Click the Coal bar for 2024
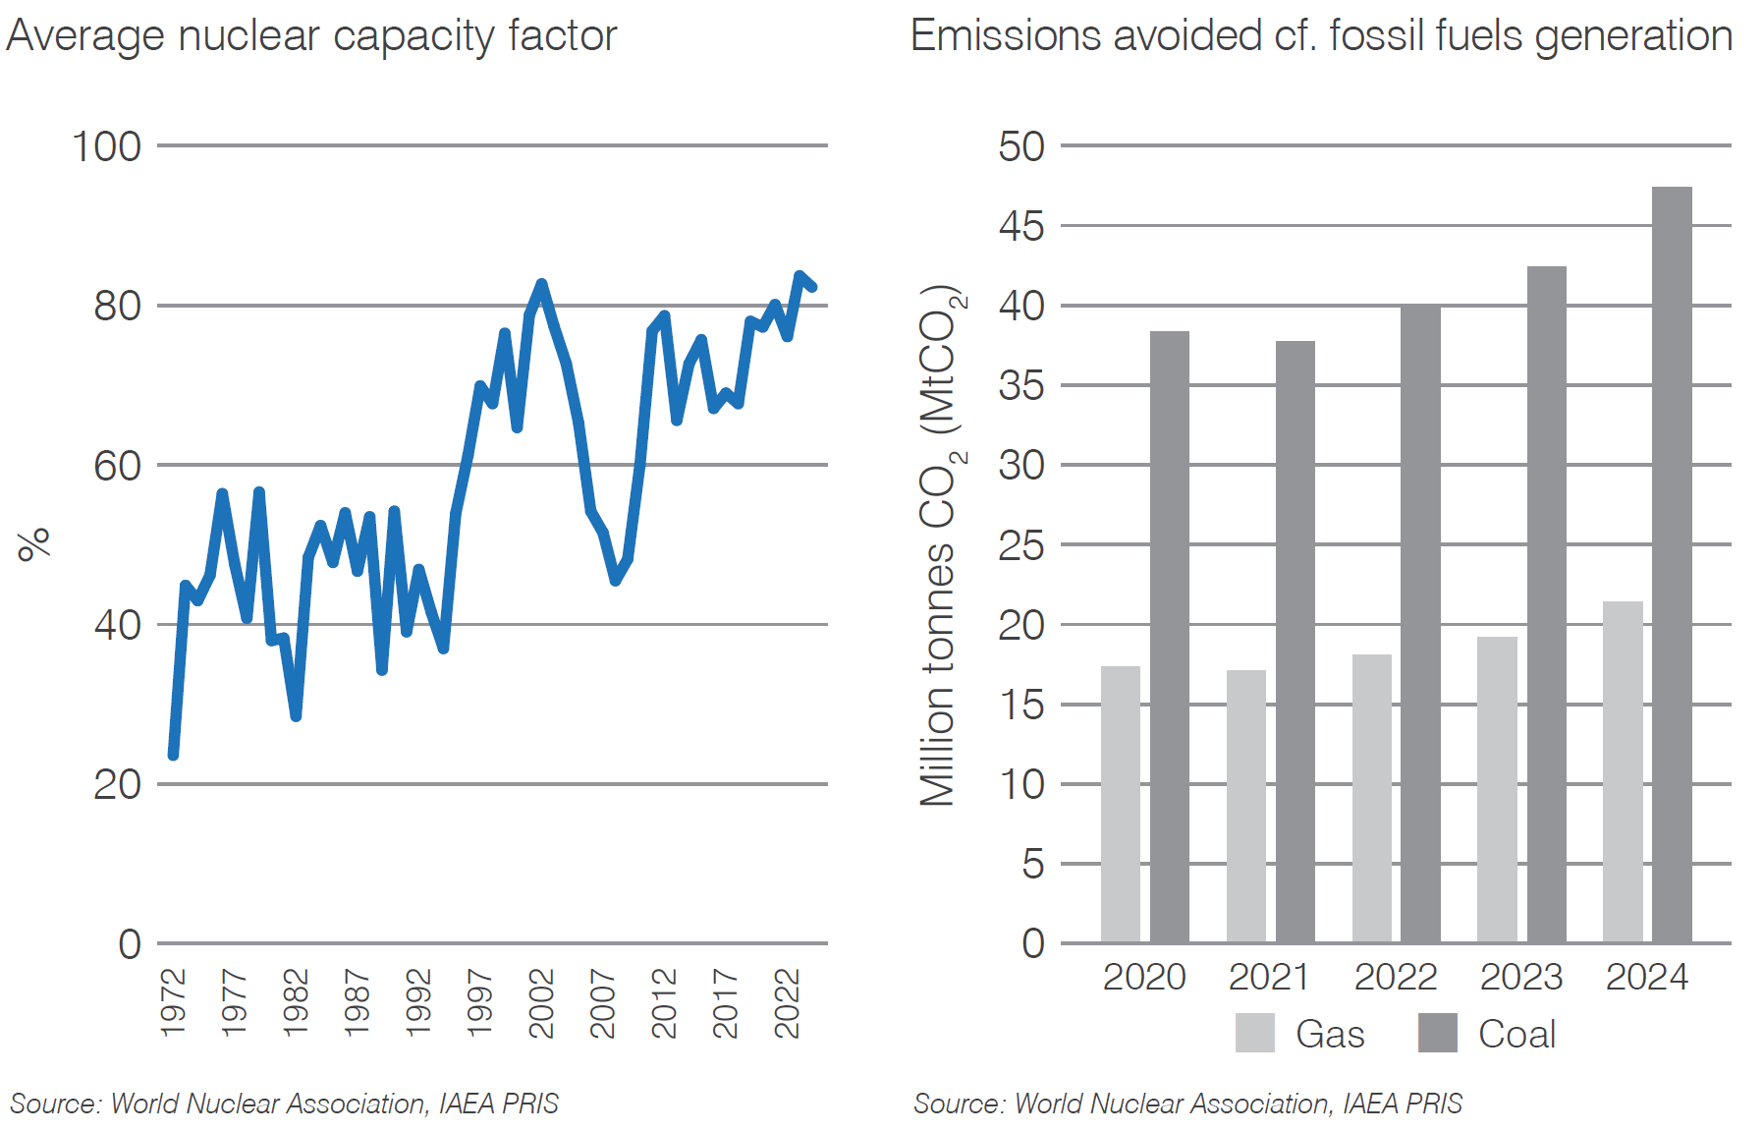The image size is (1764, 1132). (1671, 565)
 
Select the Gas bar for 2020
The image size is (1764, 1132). (1120, 805)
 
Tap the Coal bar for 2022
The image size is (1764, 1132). (1419, 624)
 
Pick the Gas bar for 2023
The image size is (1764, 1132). (1497, 790)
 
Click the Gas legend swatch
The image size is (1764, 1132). (1254, 1033)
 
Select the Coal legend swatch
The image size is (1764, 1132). (1437, 1033)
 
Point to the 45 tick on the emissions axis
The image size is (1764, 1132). (1021, 226)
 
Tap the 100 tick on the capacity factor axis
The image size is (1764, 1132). (106, 146)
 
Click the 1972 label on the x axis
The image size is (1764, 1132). (173, 1002)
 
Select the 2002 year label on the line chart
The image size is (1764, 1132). (541, 1002)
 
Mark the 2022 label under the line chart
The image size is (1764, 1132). (787, 1002)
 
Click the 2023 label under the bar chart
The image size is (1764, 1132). (1520, 977)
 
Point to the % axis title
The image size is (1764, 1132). (34, 543)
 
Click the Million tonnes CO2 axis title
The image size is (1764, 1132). (940, 545)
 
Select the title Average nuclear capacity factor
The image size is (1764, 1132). (311, 36)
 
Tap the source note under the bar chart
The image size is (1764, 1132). (1186, 1104)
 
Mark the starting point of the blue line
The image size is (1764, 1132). (173, 755)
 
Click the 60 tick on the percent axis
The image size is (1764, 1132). (117, 466)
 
